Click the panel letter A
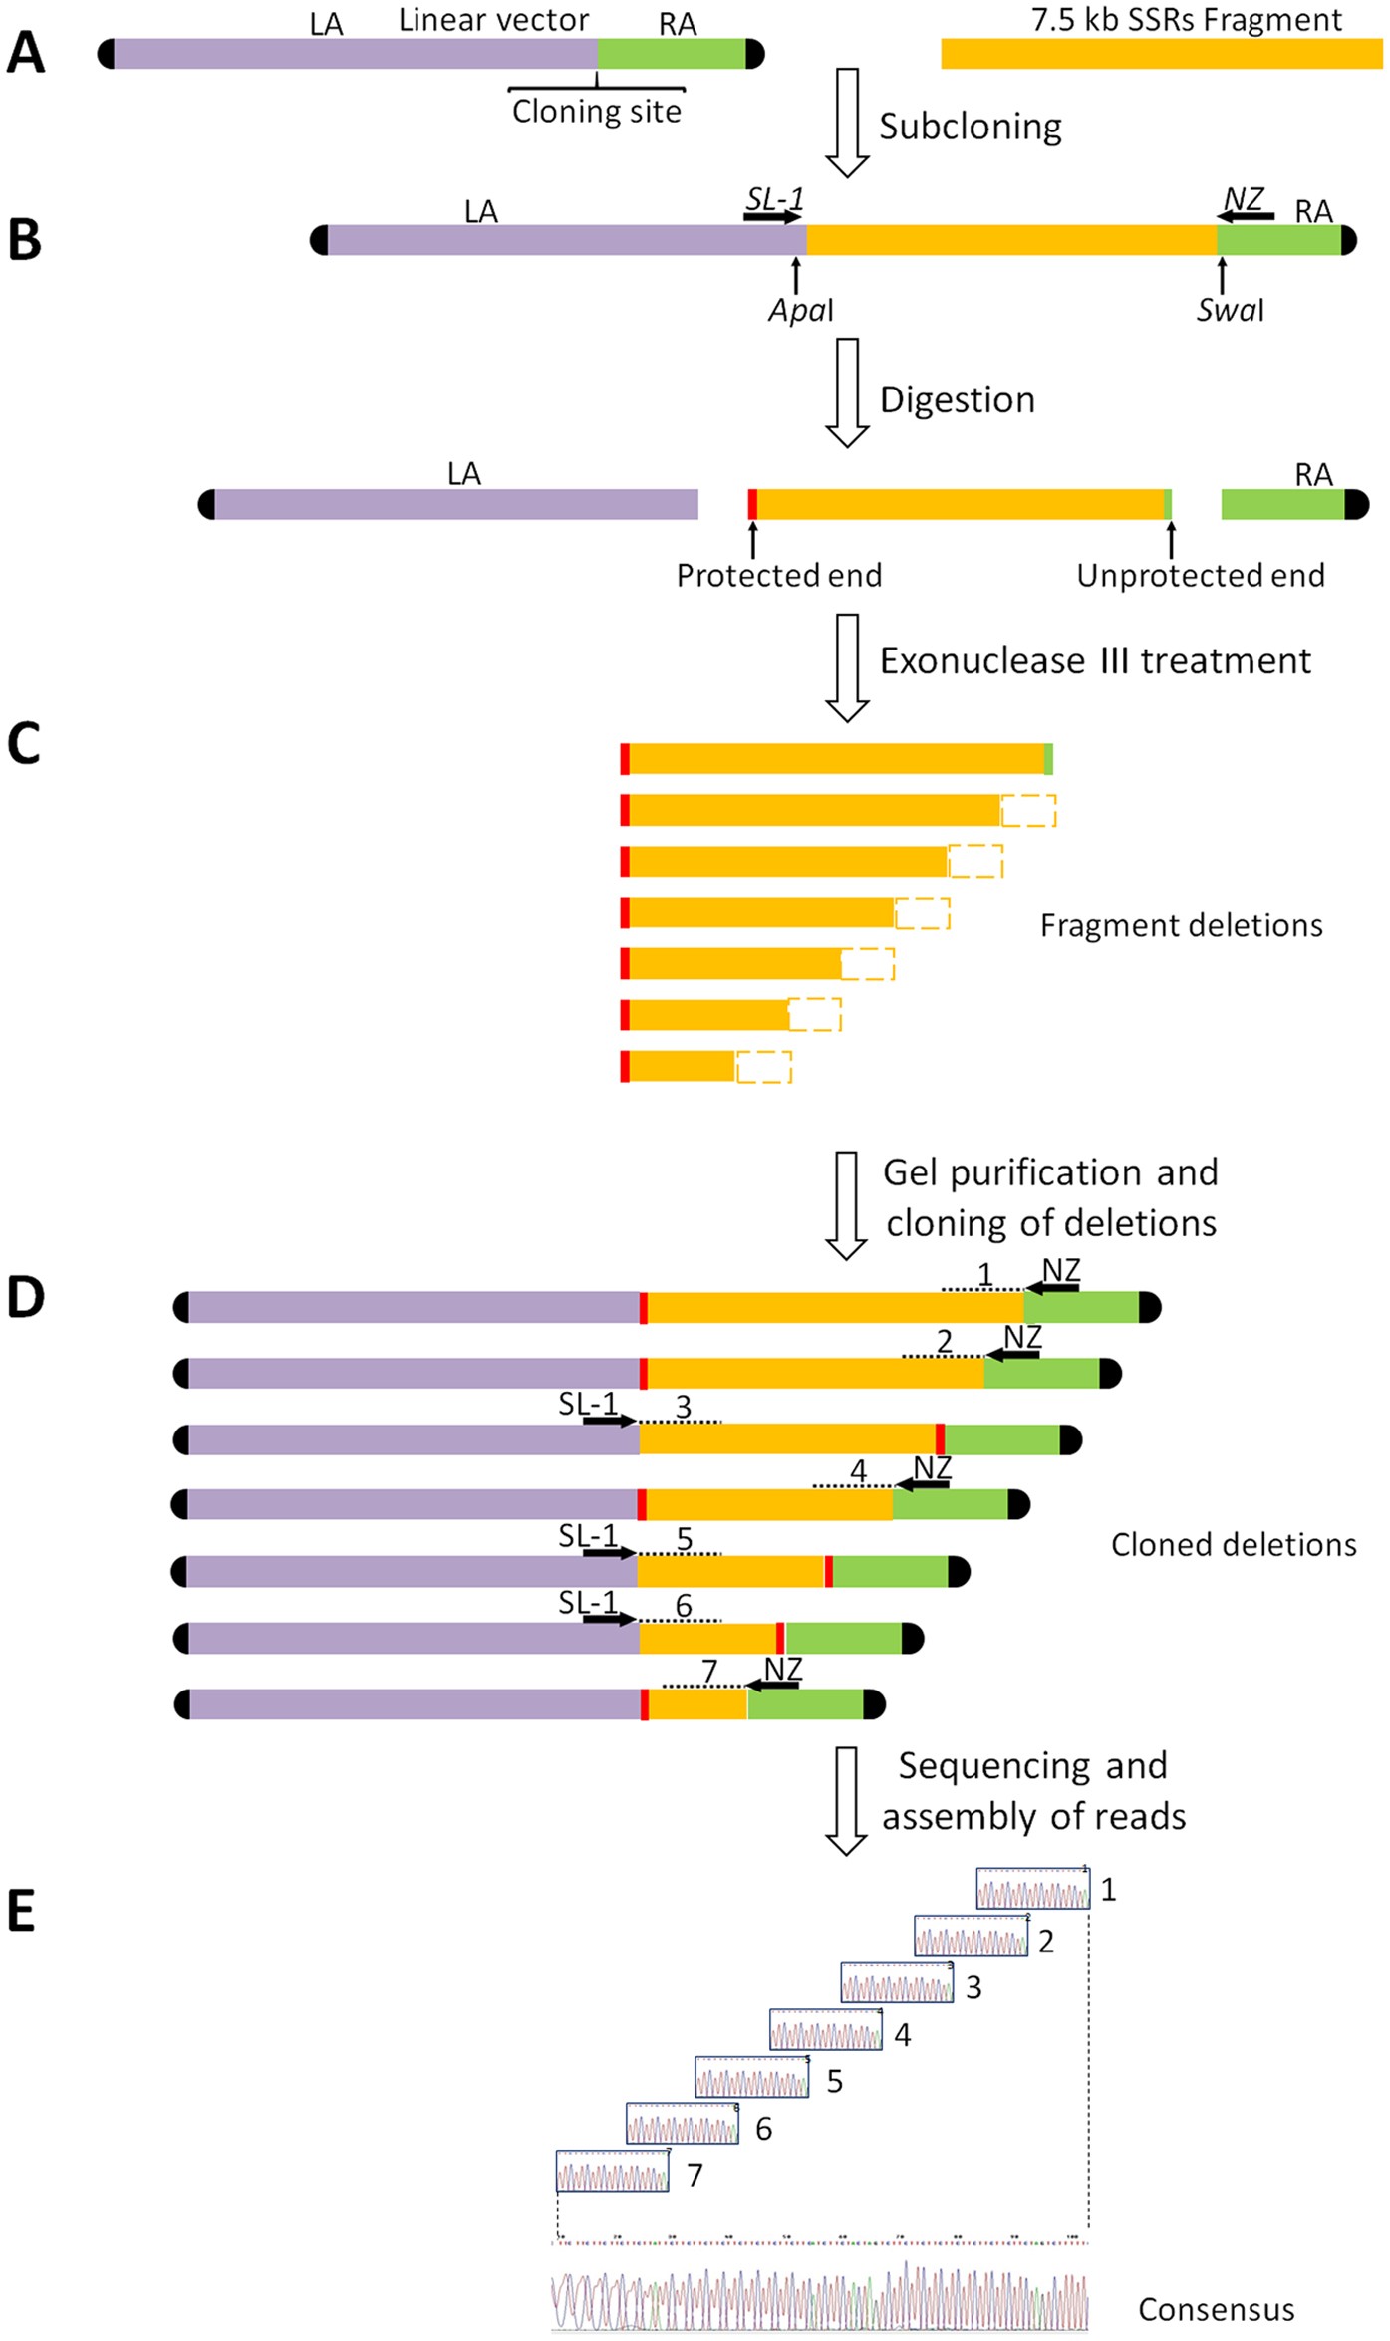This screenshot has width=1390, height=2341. click(x=26, y=53)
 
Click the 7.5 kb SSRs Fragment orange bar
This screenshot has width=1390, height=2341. click(x=1161, y=53)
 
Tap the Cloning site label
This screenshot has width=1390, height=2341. click(x=596, y=111)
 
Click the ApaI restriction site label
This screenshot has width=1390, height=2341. click(x=800, y=310)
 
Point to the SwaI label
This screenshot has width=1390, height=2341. click(x=1230, y=310)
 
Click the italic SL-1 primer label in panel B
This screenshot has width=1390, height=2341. click(x=774, y=199)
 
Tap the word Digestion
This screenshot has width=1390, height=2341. click(x=957, y=399)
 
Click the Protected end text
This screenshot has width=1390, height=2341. click(x=778, y=575)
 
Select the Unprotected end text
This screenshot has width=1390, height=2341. click(x=1200, y=575)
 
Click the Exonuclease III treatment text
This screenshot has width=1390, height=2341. click(x=1094, y=660)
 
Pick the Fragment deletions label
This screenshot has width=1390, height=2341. click(x=1181, y=925)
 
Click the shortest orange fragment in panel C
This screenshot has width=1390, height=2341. click(x=681, y=1066)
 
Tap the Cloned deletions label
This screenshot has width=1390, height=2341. click(x=1233, y=1544)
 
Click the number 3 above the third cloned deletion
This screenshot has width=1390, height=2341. click(x=683, y=1407)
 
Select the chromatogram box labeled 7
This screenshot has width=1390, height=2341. click(x=612, y=2171)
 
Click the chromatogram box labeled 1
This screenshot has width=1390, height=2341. click(x=1032, y=1888)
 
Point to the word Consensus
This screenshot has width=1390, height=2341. click(x=1216, y=2309)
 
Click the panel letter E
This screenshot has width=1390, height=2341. click(x=22, y=1910)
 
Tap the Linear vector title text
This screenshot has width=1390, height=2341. click(x=493, y=20)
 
